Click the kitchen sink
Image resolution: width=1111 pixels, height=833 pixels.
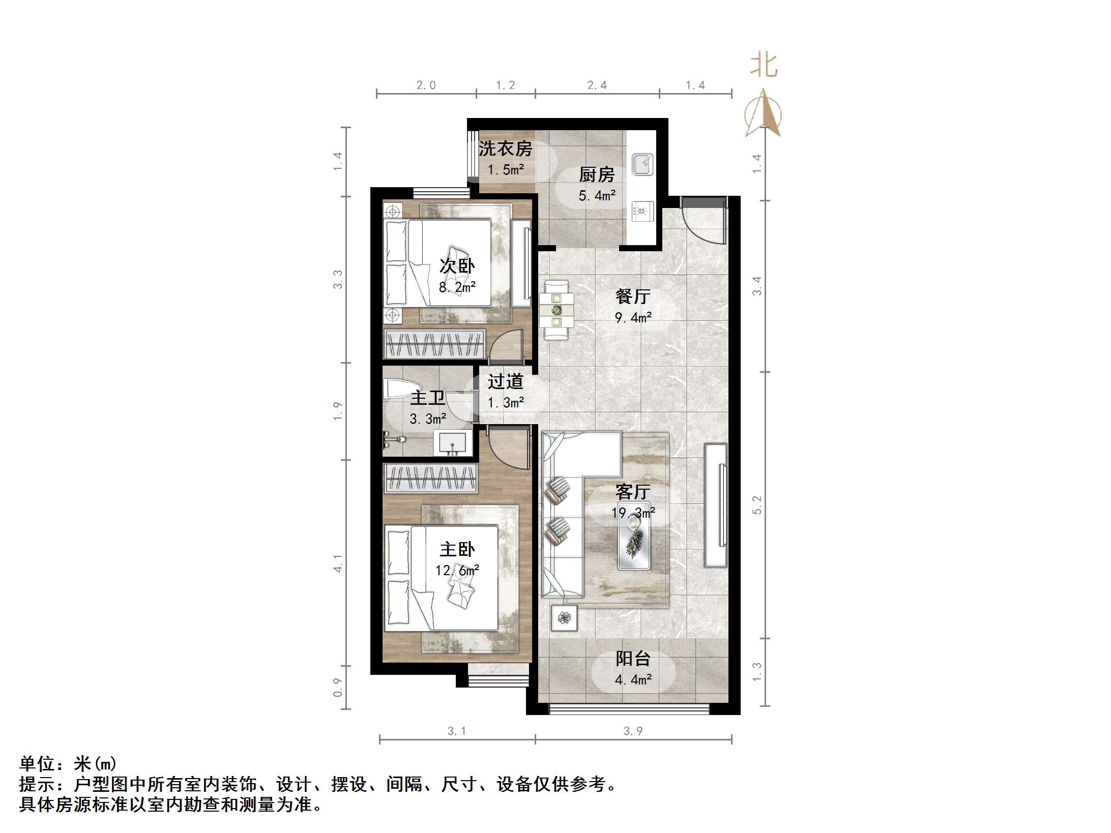click(642, 164)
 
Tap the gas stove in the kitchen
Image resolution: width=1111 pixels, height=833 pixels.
click(642, 210)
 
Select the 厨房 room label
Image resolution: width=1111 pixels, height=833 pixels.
click(597, 175)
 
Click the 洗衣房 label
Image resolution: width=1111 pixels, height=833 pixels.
click(505, 148)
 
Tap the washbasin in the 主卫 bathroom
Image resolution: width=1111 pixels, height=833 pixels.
click(452, 442)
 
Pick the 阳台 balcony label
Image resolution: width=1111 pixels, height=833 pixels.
click(633, 659)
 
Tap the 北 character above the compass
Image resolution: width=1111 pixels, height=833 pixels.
click(764, 66)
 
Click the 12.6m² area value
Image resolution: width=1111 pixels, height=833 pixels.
click(457, 571)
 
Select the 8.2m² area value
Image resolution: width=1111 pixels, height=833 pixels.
click(457, 287)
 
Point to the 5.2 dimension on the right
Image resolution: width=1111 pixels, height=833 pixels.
click(757, 505)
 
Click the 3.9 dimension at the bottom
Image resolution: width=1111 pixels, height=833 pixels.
click(633, 731)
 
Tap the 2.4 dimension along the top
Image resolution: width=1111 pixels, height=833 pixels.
click(597, 85)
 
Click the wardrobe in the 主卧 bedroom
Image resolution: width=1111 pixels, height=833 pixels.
click(431, 478)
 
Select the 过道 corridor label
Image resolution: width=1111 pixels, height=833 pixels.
click(505, 381)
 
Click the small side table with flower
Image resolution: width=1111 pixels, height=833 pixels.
click(564, 618)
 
